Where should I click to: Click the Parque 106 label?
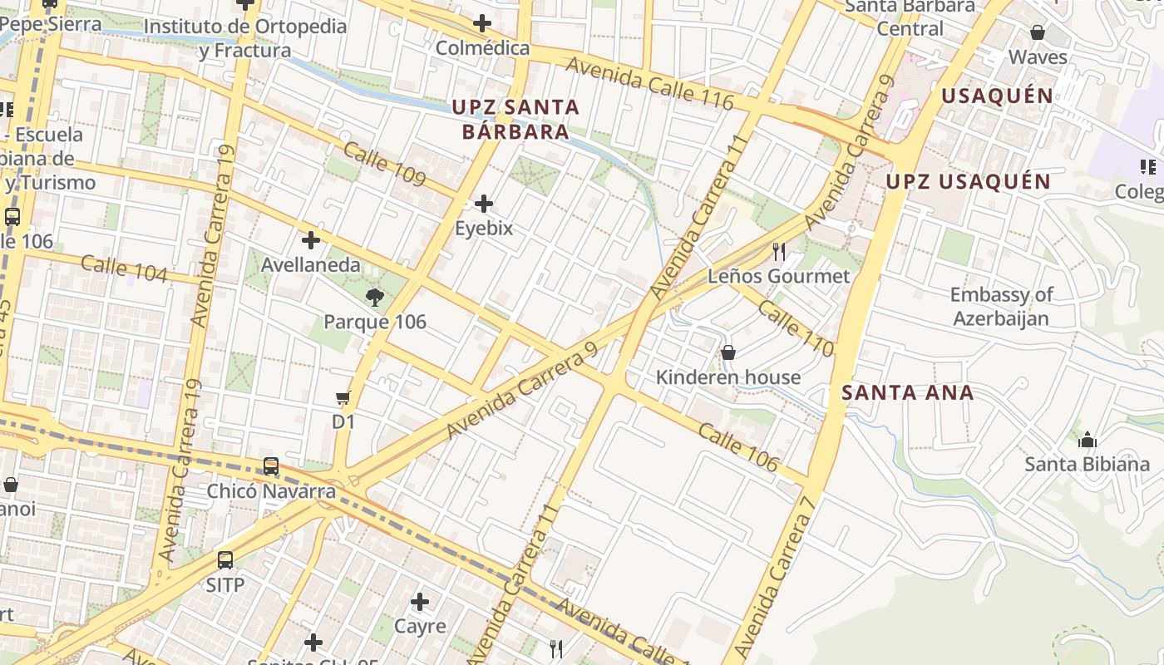coord(375,322)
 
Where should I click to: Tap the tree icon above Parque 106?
coord(375,297)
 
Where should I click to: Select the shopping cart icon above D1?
coord(343,398)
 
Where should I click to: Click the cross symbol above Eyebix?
coord(483,204)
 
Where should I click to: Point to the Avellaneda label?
coord(311,265)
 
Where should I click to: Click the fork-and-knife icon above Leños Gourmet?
coord(779,251)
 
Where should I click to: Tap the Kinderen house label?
coord(728,377)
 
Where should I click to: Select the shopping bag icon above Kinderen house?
coord(728,352)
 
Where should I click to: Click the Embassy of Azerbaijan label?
coord(1001,306)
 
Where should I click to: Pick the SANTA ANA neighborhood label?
coord(907,392)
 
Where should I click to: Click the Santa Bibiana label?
coord(1087,464)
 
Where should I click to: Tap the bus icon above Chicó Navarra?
coord(271,466)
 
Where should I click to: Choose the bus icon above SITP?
coord(225,560)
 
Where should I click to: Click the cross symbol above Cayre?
coord(420,601)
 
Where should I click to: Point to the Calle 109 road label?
coord(384,165)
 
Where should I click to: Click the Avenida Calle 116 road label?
coord(650,84)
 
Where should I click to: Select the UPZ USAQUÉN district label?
coord(968,181)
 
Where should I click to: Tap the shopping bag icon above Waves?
coord(1038,32)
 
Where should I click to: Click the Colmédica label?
coord(482,48)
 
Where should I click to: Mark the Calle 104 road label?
coord(125,268)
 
